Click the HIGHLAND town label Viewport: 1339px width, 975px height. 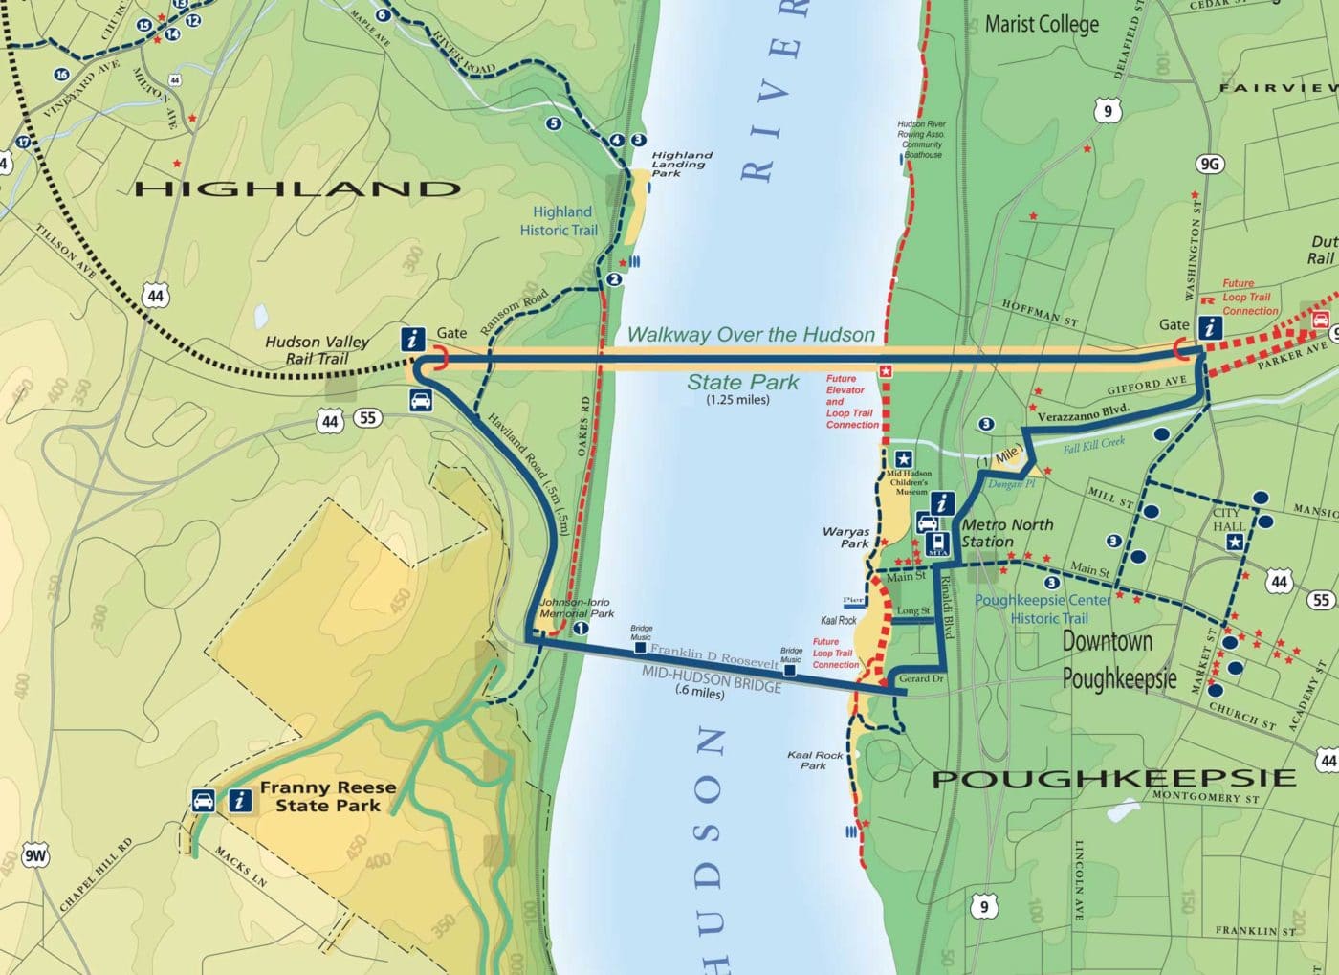(x=297, y=188)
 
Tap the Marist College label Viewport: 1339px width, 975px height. (x=1042, y=24)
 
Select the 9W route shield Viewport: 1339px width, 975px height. (x=34, y=855)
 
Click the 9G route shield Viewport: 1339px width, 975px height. (x=1209, y=164)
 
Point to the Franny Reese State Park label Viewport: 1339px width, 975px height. (x=327, y=796)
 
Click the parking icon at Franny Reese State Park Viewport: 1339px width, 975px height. (x=204, y=800)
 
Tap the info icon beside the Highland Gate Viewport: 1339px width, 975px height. (x=413, y=339)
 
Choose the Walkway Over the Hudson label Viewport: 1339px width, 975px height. (x=751, y=335)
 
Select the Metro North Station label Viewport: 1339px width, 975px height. (x=1006, y=533)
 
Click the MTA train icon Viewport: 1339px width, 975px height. (x=937, y=545)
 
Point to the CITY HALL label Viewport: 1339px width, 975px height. (x=1229, y=520)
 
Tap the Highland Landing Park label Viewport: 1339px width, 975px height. (x=681, y=164)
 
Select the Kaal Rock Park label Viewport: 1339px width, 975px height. (x=815, y=760)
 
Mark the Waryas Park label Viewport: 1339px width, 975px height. (x=846, y=537)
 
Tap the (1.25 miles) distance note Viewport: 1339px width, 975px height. (x=737, y=400)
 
